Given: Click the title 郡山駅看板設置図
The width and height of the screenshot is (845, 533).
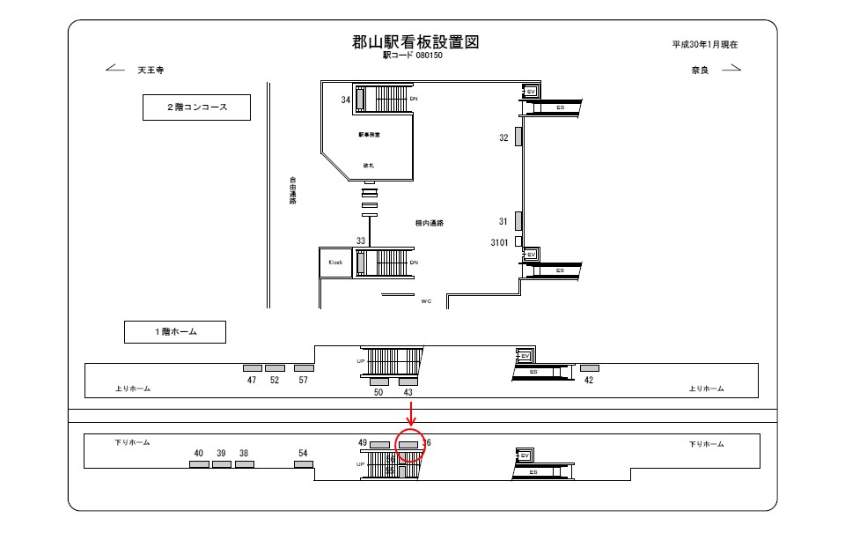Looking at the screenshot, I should [x=415, y=42].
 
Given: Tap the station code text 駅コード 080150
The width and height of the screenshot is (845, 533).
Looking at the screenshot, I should [x=412, y=56].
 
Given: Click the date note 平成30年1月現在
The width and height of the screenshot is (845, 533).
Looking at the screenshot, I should [x=704, y=44].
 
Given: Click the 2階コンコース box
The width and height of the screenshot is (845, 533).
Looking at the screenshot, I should [x=197, y=107].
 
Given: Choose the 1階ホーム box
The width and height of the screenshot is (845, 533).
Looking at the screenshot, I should [x=174, y=331].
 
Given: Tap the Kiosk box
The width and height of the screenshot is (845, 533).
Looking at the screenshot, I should [x=335, y=263].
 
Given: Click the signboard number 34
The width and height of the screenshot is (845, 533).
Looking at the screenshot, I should [x=346, y=100].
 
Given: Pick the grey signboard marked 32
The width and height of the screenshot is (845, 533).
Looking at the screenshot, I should [x=518, y=137].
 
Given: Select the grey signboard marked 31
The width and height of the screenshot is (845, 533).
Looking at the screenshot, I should [x=518, y=220].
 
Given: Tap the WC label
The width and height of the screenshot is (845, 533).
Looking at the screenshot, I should [x=426, y=301].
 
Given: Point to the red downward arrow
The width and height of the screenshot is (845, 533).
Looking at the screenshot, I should [x=411, y=413].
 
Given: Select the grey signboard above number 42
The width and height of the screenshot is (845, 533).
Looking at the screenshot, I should [x=589, y=367].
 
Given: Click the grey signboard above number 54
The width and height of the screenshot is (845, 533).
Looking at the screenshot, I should [x=304, y=464].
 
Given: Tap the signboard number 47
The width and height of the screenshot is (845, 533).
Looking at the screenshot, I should [x=252, y=380].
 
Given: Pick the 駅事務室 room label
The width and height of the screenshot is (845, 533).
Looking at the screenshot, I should [x=369, y=135].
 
